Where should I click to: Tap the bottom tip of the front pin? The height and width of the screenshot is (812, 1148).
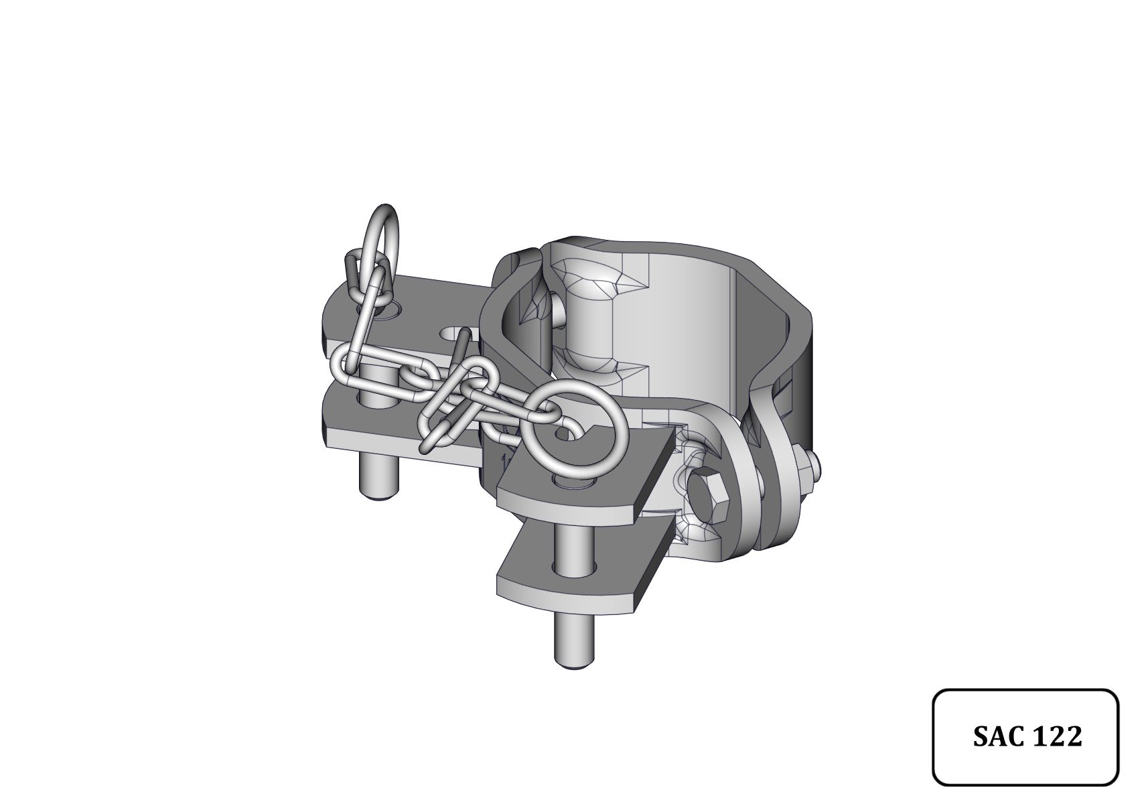click(x=575, y=666)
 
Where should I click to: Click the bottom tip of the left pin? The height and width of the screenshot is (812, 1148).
click(x=378, y=496)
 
